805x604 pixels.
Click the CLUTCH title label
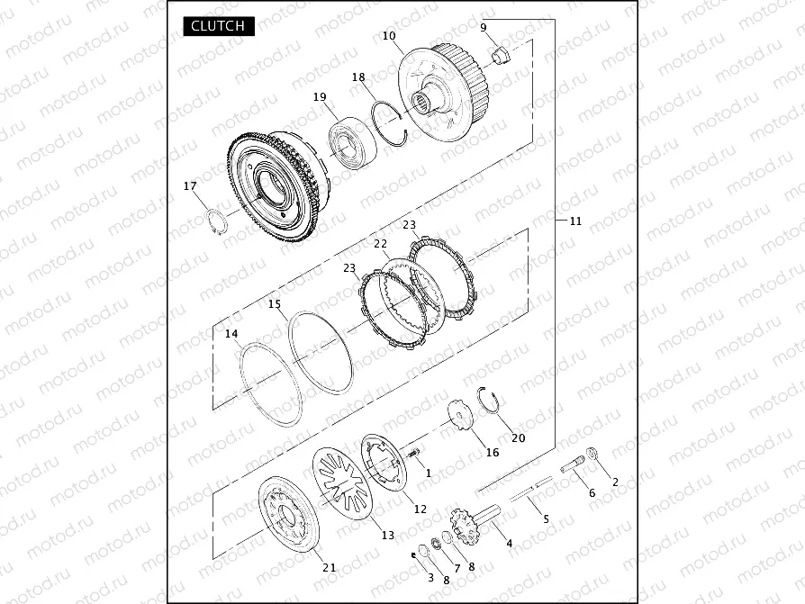219,26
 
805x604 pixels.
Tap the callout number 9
484,27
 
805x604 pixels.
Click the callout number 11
576,221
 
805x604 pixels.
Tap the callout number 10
389,35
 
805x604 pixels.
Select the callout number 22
380,244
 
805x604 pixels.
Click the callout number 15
275,303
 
